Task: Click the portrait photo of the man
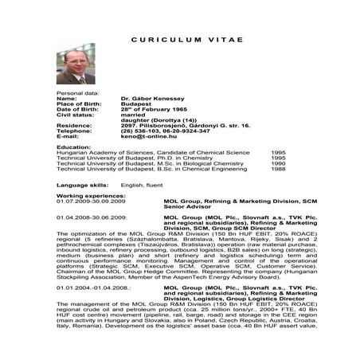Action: pyautogui.click(x=76, y=64)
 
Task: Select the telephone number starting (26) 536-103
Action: pyautogui.click(x=159, y=131)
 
